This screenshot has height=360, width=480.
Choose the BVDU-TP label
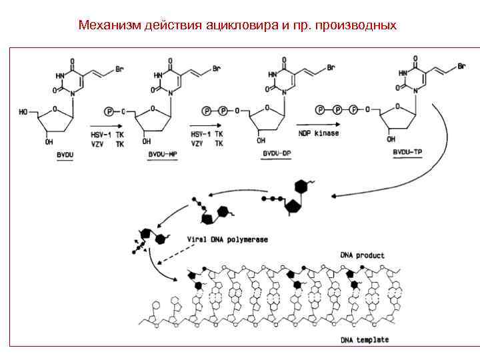point(406,153)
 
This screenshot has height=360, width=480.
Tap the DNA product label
point(362,255)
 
